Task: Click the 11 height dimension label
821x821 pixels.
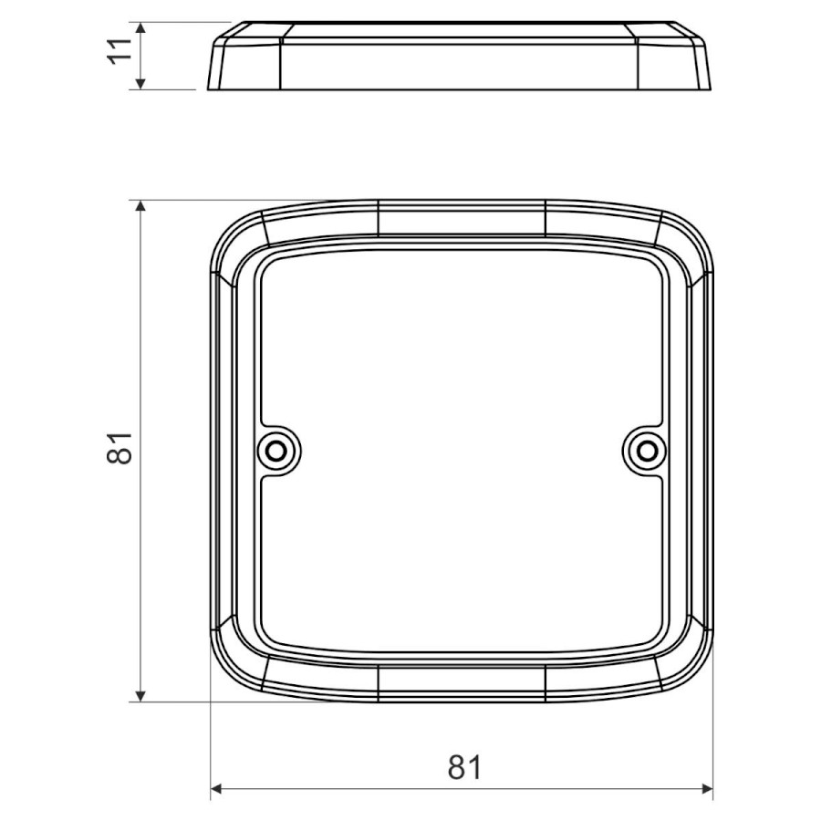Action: (x=120, y=50)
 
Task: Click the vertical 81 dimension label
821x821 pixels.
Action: (x=120, y=448)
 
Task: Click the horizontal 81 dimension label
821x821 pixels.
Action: (x=464, y=767)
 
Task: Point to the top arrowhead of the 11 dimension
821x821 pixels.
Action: (x=140, y=28)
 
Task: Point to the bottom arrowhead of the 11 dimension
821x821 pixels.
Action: (x=140, y=83)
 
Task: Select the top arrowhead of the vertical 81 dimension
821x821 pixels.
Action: (x=140, y=206)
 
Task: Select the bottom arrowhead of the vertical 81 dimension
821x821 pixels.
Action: (x=140, y=695)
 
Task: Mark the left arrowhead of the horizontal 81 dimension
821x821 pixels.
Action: (x=217, y=788)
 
